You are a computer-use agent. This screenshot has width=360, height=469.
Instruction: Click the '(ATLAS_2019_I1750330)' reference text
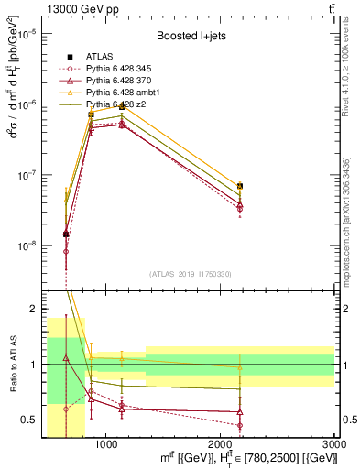190,274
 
